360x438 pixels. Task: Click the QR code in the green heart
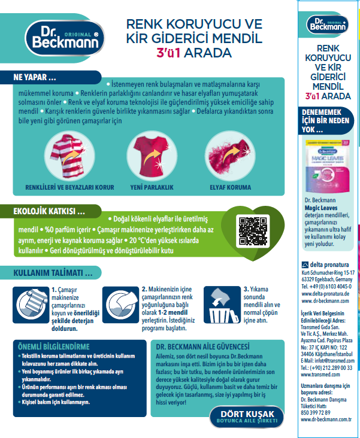point(252,228)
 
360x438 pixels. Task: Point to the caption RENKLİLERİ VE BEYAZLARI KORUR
point(69,187)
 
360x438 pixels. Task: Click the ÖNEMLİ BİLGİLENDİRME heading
point(55,346)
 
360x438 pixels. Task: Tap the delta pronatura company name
point(328,264)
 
